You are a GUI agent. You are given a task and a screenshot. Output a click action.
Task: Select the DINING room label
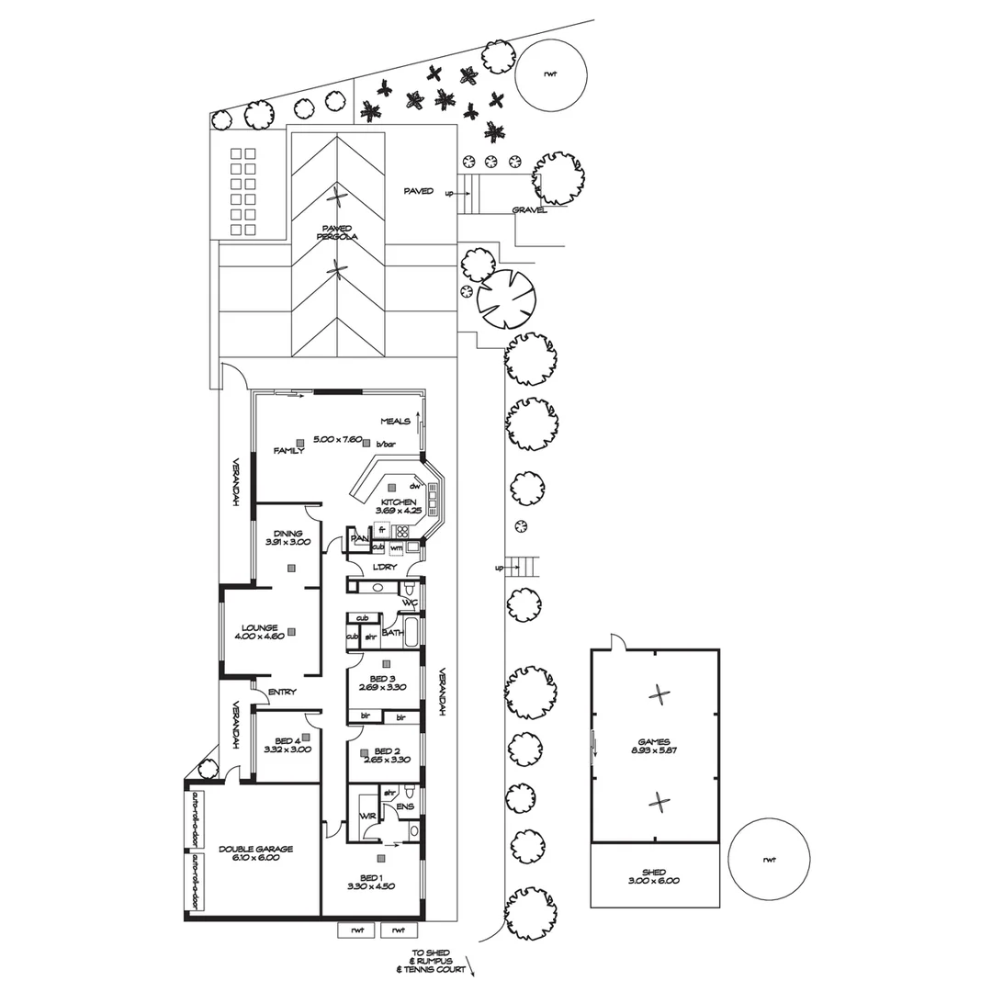(x=287, y=533)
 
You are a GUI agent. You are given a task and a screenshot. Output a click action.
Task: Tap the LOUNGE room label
(x=260, y=628)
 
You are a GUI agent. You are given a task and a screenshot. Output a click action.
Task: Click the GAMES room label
(x=655, y=742)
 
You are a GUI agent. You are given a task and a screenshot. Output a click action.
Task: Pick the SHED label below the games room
(x=655, y=873)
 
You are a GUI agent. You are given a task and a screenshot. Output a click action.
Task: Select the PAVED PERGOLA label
(x=339, y=231)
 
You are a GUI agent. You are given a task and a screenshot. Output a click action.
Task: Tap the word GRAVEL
(x=530, y=209)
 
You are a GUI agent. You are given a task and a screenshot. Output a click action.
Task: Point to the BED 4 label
(x=287, y=740)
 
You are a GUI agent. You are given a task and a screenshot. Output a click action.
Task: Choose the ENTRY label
(x=282, y=692)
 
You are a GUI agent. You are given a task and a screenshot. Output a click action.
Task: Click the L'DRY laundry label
(x=386, y=566)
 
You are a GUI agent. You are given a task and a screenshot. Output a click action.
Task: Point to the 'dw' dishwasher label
(x=415, y=485)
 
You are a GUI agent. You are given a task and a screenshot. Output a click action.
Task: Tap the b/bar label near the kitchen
(x=397, y=445)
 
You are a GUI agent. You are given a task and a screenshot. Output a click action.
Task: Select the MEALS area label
(x=395, y=422)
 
